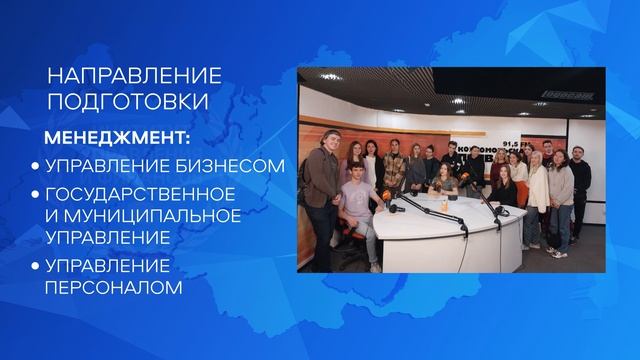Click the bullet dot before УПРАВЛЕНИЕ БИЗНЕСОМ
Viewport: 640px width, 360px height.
35,165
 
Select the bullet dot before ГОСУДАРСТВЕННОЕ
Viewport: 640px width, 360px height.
35,192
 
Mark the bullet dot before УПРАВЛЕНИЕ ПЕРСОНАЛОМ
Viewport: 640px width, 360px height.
35,266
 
